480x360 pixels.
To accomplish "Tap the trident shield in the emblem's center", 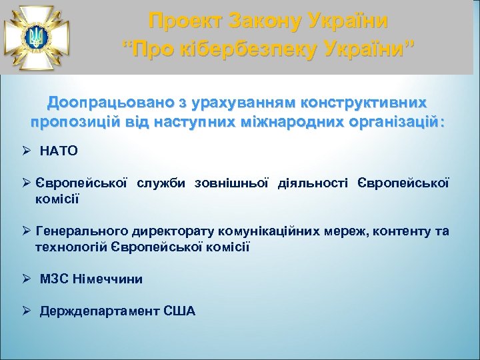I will [x=35, y=37].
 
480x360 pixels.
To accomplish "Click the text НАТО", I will [x=59, y=151].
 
